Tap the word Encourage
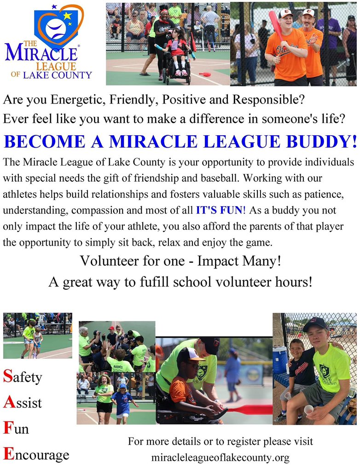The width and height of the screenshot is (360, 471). pyautogui.click(x=36, y=454)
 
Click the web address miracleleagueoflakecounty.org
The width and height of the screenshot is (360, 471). pyautogui.click(x=221, y=458)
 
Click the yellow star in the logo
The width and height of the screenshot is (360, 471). pyautogui.click(x=68, y=16)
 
